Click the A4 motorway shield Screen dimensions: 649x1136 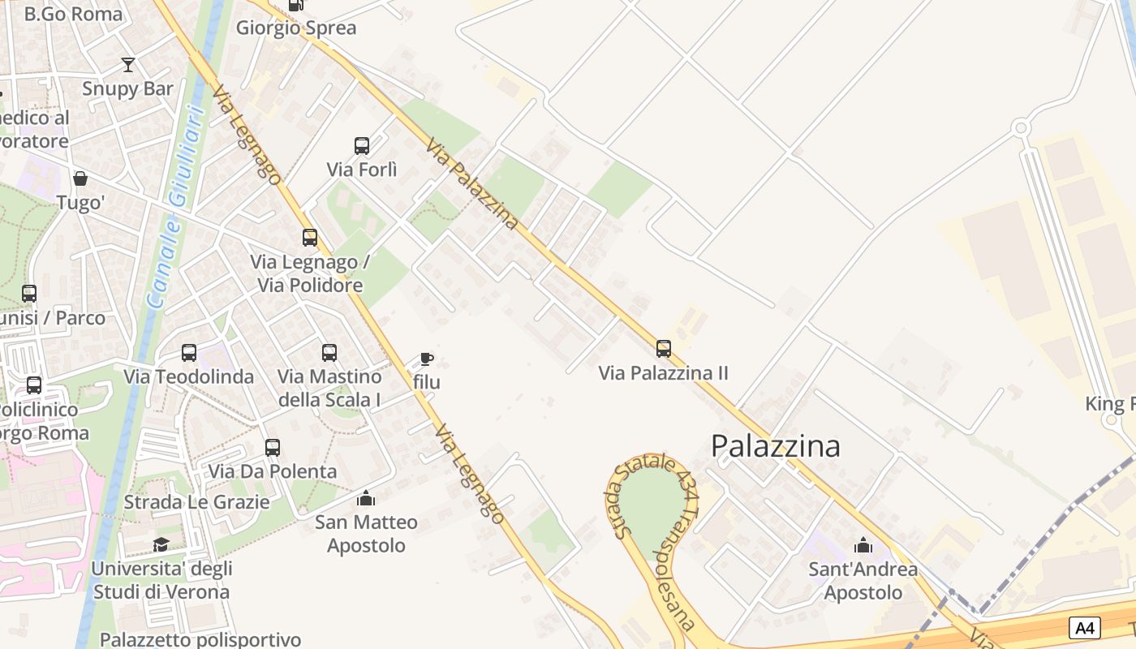click(1085, 627)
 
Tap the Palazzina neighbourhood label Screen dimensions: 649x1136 click(775, 445)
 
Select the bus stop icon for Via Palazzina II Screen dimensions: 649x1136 click(664, 349)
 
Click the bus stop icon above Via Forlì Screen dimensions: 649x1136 click(362, 146)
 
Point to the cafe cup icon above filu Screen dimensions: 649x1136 click(427, 359)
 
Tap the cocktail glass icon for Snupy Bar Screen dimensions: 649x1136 click(127, 65)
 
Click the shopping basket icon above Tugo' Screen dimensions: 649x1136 click(80, 178)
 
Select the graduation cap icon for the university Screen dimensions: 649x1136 click(161, 544)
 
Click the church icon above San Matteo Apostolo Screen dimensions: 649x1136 click(366, 497)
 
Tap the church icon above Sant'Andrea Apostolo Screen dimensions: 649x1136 click(863, 544)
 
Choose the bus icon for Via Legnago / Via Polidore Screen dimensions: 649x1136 click(310, 238)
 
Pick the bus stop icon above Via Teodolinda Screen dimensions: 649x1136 click(189, 353)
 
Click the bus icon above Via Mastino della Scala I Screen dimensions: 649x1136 click(329, 353)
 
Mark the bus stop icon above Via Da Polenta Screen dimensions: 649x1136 click(273, 448)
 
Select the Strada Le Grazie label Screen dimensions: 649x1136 click(196, 501)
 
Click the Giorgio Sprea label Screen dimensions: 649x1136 click(296, 28)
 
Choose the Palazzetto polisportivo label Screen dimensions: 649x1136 click(200, 639)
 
